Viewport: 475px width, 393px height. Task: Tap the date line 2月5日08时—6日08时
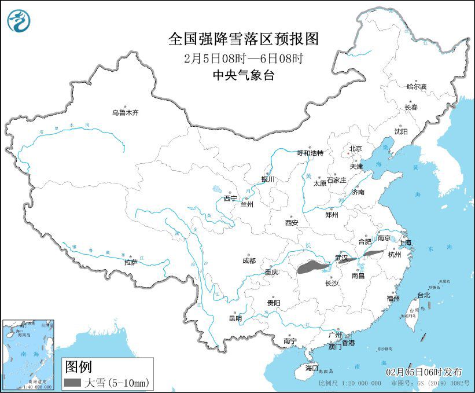click(243, 58)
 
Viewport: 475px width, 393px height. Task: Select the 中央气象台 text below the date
click(243, 74)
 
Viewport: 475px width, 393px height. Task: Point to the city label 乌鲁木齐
click(126, 113)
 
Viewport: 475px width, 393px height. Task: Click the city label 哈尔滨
click(416, 86)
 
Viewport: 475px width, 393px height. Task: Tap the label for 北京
click(355, 149)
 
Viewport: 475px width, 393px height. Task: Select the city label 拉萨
click(131, 262)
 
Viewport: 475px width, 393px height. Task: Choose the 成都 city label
click(249, 260)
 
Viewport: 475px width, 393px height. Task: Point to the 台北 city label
click(424, 295)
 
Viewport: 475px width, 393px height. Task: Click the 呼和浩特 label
click(310, 153)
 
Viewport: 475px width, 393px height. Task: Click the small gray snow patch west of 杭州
click(373, 254)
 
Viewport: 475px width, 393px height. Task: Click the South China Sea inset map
click(29, 354)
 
